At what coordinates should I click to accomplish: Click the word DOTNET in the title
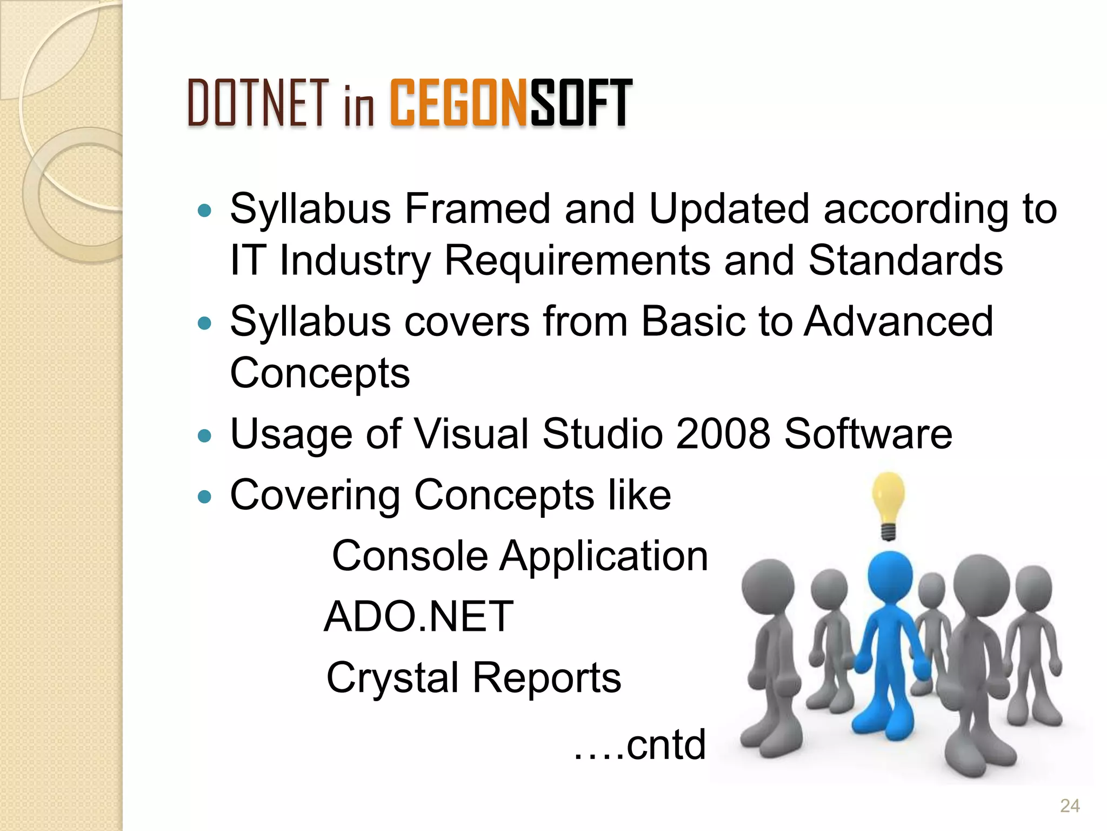pos(258,103)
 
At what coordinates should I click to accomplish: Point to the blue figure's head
pos(890,575)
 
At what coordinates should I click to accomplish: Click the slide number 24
pos(1070,806)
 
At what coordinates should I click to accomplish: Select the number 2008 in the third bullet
pos(723,434)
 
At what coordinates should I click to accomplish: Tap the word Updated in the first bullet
pos(729,209)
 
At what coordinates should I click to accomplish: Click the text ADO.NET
pos(418,617)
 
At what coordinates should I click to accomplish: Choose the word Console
pos(410,556)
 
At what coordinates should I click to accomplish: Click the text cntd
pos(666,745)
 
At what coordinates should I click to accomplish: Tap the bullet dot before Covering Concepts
pos(204,497)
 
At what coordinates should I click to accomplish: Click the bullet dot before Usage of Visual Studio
pos(204,436)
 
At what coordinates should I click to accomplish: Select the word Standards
pos(905,261)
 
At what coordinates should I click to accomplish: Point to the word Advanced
pos(898,321)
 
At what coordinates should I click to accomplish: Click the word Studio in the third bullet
pos(602,434)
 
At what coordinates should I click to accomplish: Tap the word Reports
pos(547,678)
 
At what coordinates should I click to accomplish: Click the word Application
pos(603,557)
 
